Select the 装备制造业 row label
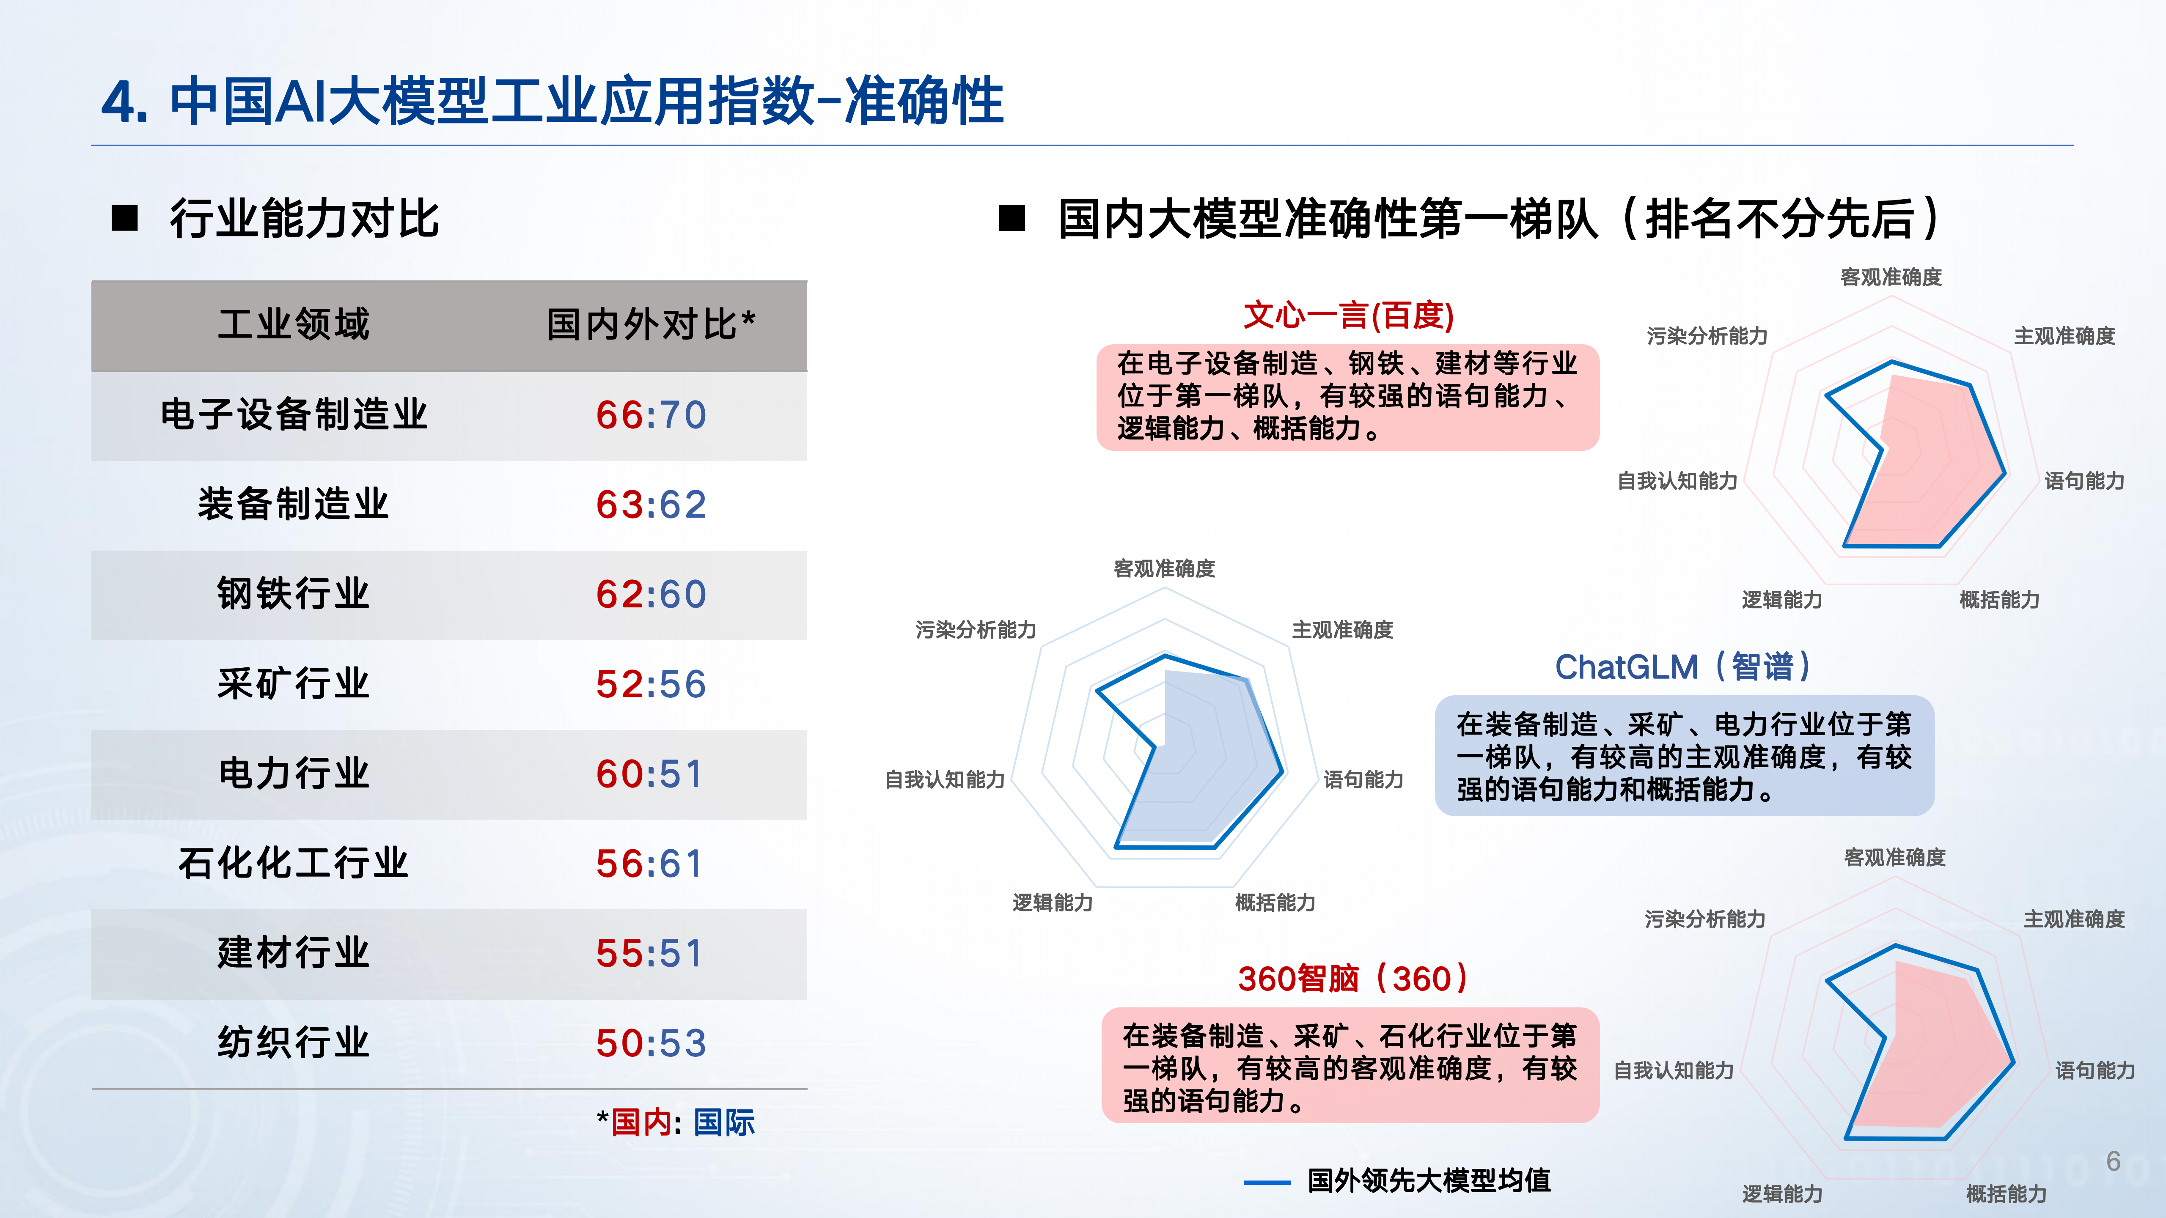click(294, 505)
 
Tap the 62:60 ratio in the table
click(651, 594)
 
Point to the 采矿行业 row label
click(294, 683)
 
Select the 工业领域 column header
click(294, 324)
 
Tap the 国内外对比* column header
click(651, 324)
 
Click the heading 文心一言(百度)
click(1349, 315)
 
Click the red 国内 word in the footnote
click(641, 1122)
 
